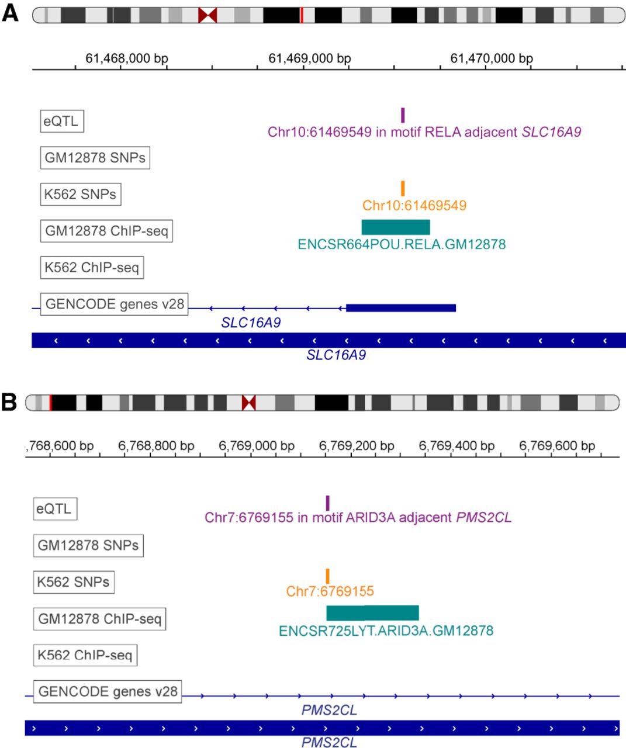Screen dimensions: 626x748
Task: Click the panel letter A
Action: tap(10, 13)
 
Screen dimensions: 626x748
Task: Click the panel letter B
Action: tap(9, 402)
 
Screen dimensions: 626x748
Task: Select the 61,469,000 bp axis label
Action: tap(310, 58)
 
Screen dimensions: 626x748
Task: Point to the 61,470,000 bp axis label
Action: tap(492, 58)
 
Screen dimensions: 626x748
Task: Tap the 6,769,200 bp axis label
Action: tap(357, 446)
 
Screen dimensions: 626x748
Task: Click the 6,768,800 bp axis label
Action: tap(156, 446)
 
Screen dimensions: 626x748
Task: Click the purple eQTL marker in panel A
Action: tap(403, 115)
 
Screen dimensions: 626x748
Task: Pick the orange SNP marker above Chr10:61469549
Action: tap(403, 188)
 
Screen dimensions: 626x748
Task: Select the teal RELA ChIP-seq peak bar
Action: tap(396, 227)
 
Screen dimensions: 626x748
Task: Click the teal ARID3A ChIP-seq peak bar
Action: tap(373, 613)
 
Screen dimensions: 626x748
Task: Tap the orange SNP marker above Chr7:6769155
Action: tap(327, 576)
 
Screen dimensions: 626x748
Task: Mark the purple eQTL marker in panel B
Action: tap(327, 503)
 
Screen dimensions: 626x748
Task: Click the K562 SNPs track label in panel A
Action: tap(81, 194)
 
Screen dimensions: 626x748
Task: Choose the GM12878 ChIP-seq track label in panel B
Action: tap(99, 619)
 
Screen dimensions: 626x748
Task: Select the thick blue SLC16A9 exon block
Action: tap(401, 308)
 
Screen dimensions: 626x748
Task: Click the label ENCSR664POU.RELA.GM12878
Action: tap(402, 244)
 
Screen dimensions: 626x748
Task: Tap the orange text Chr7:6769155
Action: tap(330, 591)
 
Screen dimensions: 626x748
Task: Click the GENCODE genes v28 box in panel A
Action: tap(115, 304)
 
